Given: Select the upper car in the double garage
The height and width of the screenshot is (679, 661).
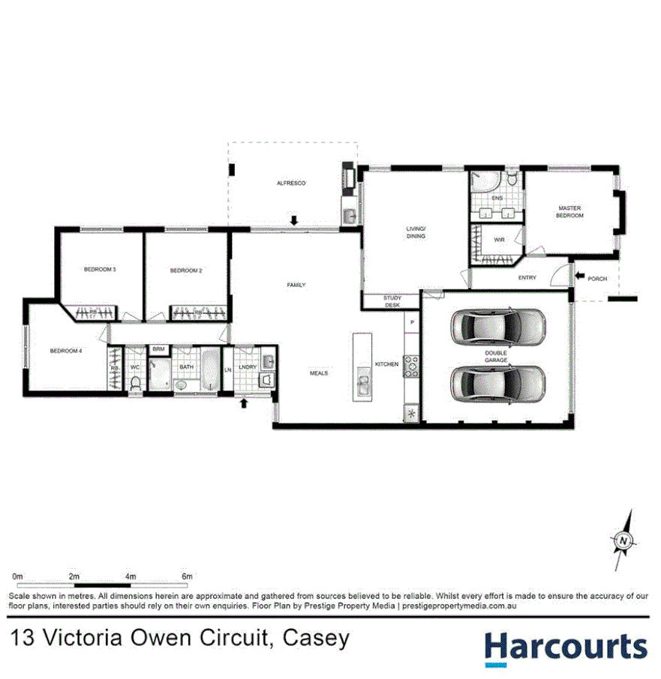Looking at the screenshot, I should pyautogui.click(x=497, y=325).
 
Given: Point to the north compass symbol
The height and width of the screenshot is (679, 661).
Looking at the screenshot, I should pyautogui.click(x=622, y=540).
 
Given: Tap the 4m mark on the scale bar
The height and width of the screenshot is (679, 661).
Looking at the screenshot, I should pyautogui.click(x=131, y=576).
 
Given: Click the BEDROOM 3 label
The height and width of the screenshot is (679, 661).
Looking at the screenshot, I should pyautogui.click(x=99, y=270).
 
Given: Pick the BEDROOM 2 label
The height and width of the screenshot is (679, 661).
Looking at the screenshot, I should pyautogui.click(x=186, y=271).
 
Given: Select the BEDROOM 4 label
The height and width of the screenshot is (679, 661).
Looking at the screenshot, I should pyautogui.click(x=66, y=351).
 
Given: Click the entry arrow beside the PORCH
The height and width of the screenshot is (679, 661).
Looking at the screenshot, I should pyautogui.click(x=580, y=278).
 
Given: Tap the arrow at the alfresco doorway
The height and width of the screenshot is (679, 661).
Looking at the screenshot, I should pyautogui.click(x=294, y=220).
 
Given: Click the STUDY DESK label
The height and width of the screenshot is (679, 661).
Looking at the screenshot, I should pyautogui.click(x=392, y=301).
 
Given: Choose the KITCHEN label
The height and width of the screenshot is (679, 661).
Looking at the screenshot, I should pyautogui.click(x=386, y=364).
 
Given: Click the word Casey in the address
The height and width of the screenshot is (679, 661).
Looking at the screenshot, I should pyautogui.click(x=316, y=639).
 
